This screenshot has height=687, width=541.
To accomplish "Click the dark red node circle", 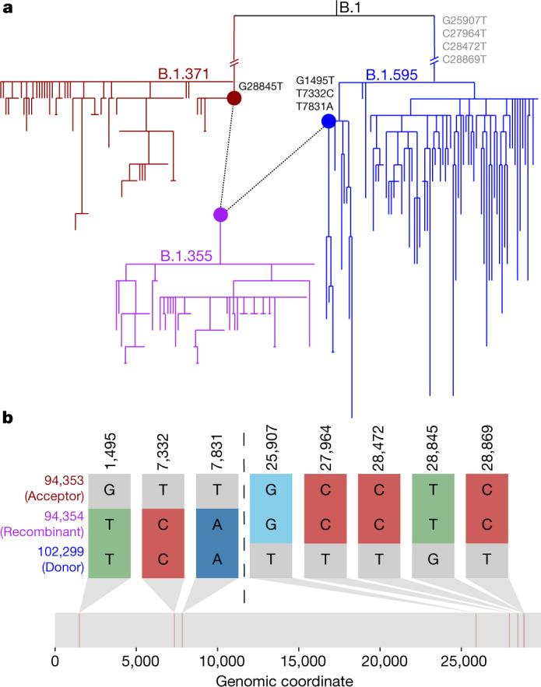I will pos(233,98).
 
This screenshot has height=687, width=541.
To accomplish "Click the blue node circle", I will pos(328,121).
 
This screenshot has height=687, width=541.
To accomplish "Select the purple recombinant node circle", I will pos(220,215).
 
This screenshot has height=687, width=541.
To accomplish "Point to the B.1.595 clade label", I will pos(392,75).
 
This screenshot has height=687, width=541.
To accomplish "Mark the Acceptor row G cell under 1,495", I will pos(109,489).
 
